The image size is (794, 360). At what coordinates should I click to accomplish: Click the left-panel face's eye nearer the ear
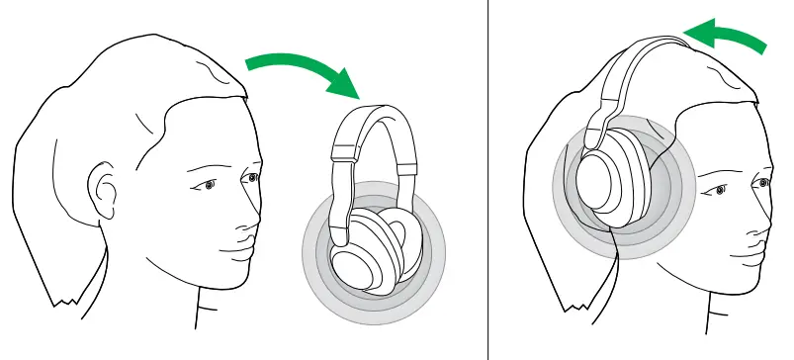(206, 185)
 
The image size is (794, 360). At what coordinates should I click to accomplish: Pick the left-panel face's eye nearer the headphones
(253, 178)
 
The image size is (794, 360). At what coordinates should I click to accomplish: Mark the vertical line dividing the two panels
(488, 180)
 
